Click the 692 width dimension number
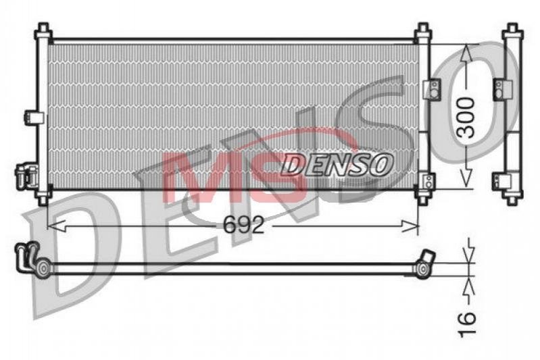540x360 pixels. [x=243, y=225]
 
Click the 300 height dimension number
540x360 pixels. [x=467, y=118]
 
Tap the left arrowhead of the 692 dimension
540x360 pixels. [x=56, y=226]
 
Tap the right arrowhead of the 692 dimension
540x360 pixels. [x=410, y=226]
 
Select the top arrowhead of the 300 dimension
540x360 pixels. [x=466, y=53]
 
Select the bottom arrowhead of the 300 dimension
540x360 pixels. [x=466, y=179]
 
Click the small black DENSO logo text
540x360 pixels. [x=337, y=164]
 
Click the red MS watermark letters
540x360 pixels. [x=235, y=177]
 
